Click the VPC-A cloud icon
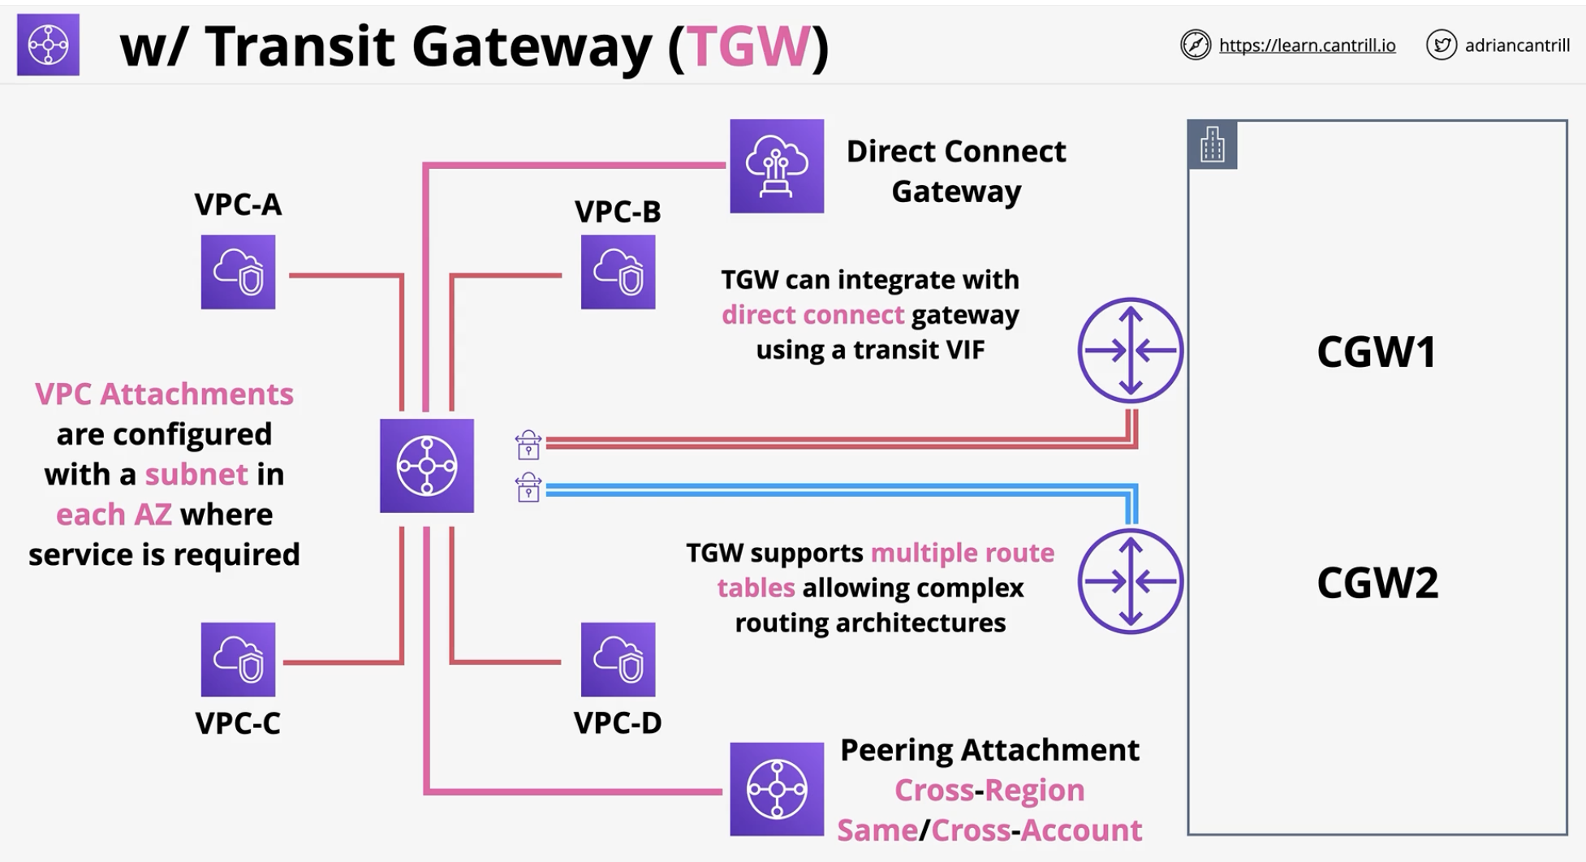coord(238,272)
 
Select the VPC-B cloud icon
coord(618,272)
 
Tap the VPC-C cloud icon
coord(238,659)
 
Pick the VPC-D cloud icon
coord(618,659)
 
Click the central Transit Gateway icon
coord(427,466)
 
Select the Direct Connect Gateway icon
coord(777,166)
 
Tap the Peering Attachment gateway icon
coord(777,789)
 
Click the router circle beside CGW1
coord(1131,351)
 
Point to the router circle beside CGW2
coord(1131,581)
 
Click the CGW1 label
coord(1377,351)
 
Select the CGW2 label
coord(1377,582)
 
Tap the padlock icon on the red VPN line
coord(528,445)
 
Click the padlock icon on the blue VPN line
coord(528,487)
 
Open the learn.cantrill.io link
coord(1307,45)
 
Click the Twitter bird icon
coord(1442,45)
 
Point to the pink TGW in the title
coord(748,46)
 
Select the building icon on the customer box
coord(1213,144)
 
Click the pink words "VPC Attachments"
coord(164,394)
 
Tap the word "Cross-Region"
coord(989,790)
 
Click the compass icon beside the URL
coord(1196,45)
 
